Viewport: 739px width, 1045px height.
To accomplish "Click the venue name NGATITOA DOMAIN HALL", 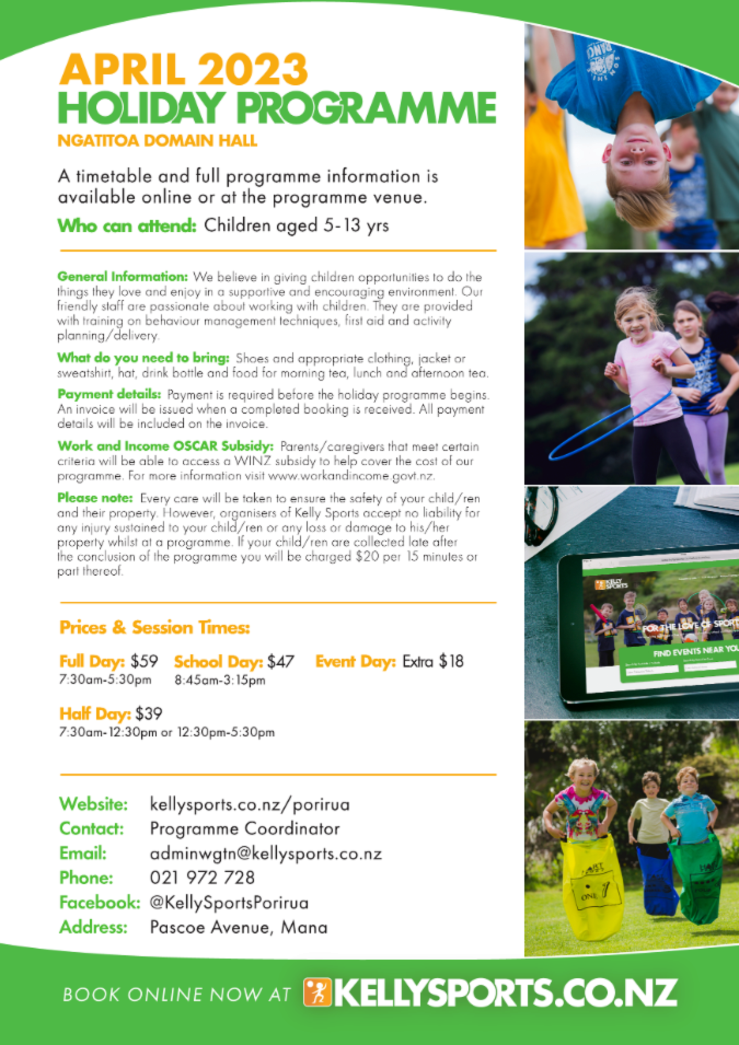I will pos(157,141).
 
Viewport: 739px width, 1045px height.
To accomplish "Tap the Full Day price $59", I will pos(144,661).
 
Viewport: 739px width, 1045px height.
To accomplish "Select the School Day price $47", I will pos(281,662).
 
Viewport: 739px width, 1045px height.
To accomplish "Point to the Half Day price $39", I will pos(149,714).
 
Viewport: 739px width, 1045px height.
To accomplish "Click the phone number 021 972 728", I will pos(202,878).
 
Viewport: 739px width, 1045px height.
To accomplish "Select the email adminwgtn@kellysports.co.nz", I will pos(265,853).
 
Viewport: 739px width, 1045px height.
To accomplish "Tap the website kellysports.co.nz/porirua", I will pos(250,804).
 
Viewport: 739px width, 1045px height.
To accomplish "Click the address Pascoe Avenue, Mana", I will pos(238,927).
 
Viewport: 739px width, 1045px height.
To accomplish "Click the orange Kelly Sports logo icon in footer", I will pos(317,992).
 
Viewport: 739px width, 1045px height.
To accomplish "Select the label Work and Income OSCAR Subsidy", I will pos(165,446).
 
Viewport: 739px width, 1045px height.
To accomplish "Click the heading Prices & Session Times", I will pos(155,628).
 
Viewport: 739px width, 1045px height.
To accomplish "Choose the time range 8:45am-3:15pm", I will pos(220,680).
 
